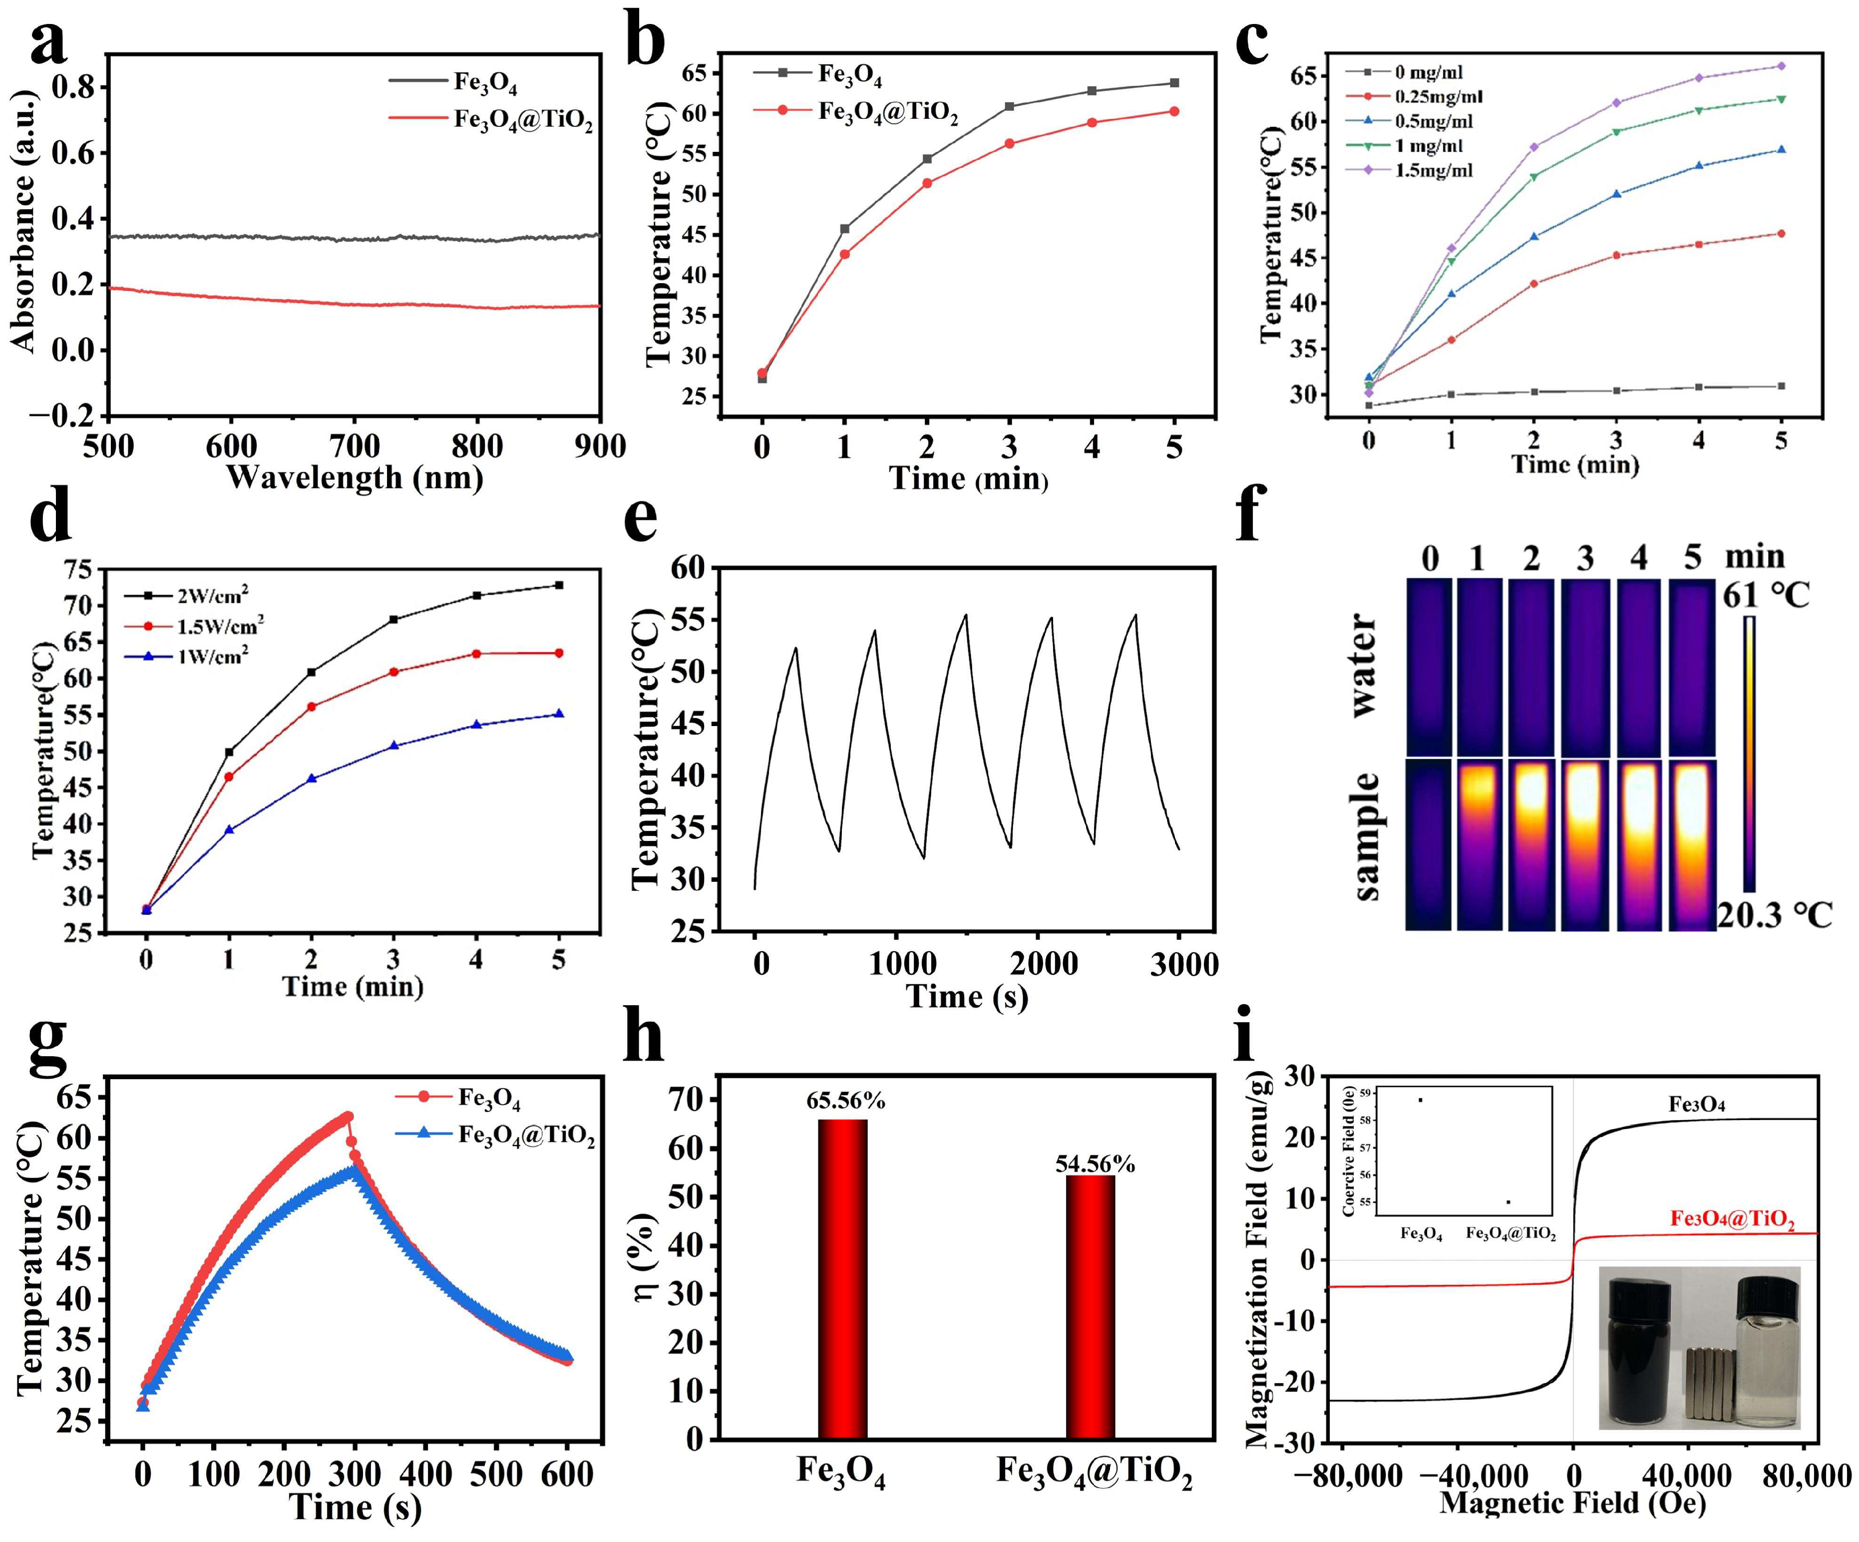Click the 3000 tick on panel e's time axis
pos(1183,964)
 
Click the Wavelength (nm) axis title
pos(354,478)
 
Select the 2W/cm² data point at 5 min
pos(559,585)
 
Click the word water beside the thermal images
pos(1363,664)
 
